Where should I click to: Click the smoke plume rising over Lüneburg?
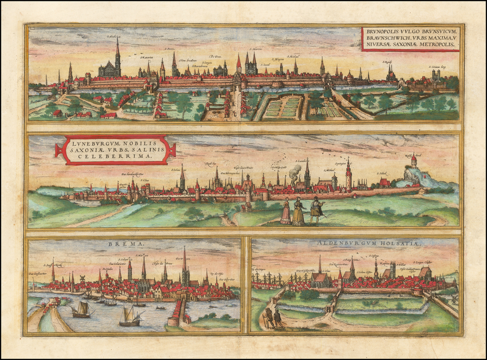point(295,172)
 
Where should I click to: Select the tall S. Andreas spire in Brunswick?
point(117,55)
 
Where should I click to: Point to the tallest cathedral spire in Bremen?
point(185,262)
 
